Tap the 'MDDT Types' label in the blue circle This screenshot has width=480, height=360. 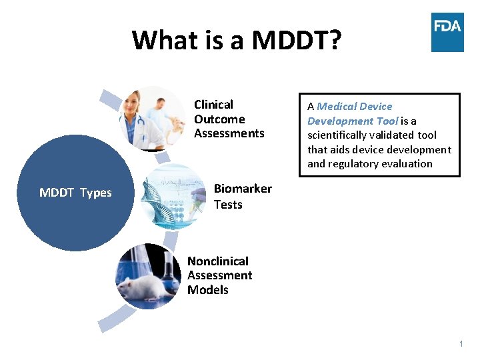[x=75, y=193]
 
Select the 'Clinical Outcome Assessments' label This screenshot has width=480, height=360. [x=229, y=119]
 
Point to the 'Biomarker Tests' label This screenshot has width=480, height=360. [x=243, y=196]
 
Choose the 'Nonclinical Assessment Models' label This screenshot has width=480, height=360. [x=219, y=275]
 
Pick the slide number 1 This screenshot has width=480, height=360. [x=461, y=344]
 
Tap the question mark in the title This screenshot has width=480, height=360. [x=335, y=40]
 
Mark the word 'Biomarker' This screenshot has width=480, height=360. [x=243, y=189]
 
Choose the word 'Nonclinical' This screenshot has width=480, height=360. [x=218, y=261]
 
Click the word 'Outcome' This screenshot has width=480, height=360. [x=219, y=119]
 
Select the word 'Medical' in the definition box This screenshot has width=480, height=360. [x=337, y=107]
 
